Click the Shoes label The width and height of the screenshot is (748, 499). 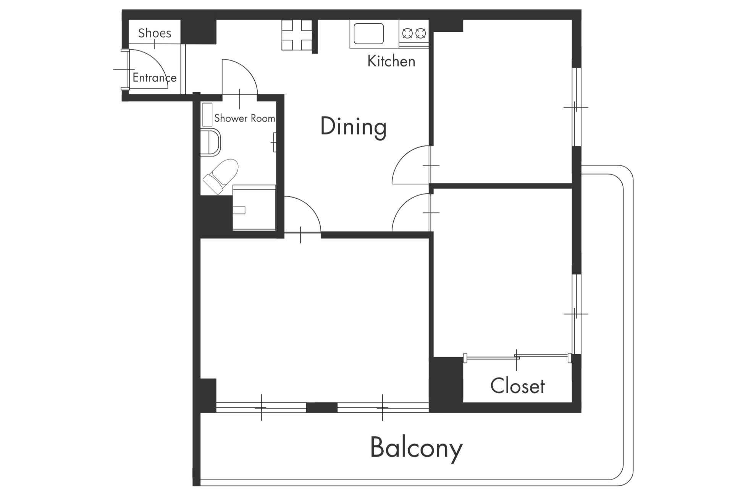click(x=155, y=33)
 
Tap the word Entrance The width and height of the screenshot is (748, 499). click(x=155, y=78)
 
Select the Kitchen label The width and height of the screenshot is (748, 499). click(x=391, y=61)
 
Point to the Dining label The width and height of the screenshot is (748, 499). click(x=354, y=127)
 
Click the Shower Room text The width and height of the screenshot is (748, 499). click(x=245, y=118)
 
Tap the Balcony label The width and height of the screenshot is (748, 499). click(x=416, y=448)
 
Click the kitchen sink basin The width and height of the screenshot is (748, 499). click(x=369, y=34)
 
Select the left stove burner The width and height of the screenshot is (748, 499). click(x=407, y=34)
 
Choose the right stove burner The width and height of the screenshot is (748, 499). click(x=420, y=34)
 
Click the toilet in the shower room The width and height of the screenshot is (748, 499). click(x=221, y=176)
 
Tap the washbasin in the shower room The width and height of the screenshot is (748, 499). click(x=210, y=142)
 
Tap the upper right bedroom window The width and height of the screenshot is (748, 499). click(x=577, y=107)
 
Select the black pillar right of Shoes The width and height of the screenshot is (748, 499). click(x=199, y=31)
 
